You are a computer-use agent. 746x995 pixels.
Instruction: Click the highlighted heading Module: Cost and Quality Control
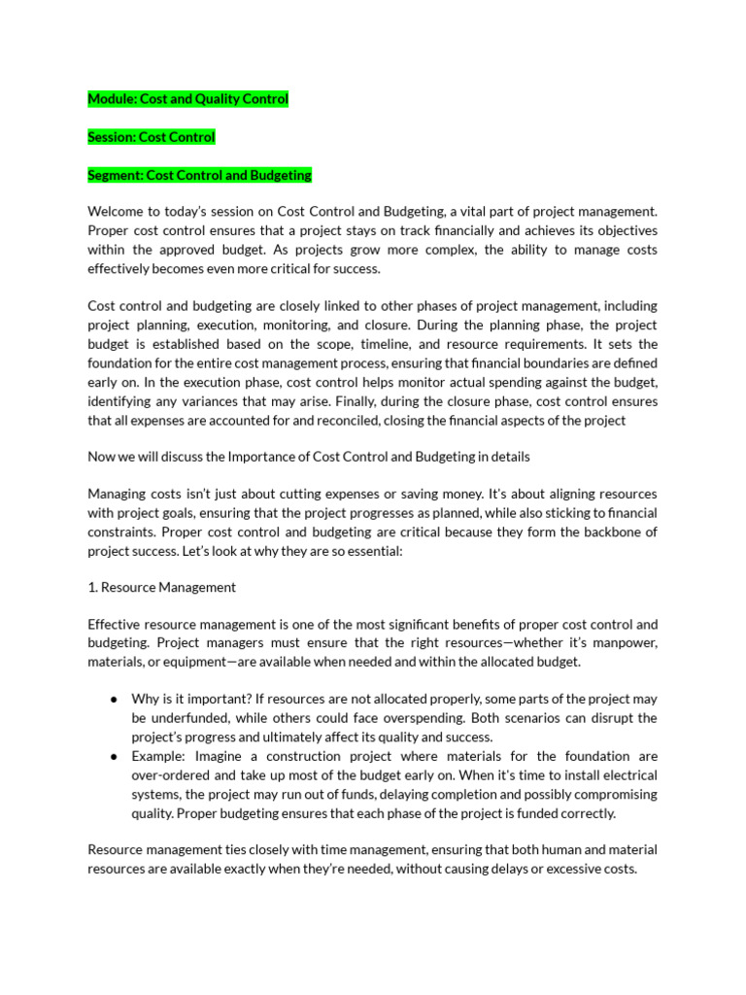click(187, 99)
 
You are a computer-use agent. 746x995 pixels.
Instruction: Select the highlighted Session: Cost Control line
click(151, 137)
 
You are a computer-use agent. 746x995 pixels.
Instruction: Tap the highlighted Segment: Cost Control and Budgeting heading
click(199, 175)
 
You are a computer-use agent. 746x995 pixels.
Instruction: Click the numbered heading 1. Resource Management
click(161, 587)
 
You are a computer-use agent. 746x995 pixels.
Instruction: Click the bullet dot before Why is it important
click(115, 700)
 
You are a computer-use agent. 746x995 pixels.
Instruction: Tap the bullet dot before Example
click(115, 756)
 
